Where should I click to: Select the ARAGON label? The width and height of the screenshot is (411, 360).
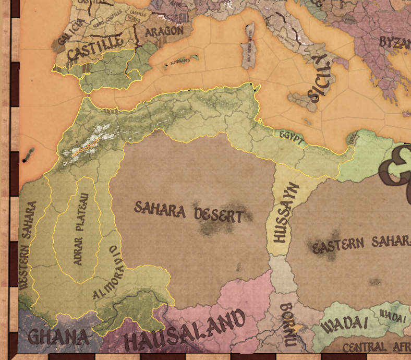pyautogui.click(x=164, y=32)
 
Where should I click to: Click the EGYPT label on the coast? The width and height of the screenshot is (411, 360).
pyautogui.click(x=291, y=136)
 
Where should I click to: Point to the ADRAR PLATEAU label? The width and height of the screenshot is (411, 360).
pyautogui.click(x=82, y=229)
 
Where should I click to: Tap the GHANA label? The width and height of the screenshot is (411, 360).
pyautogui.click(x=58, y=337)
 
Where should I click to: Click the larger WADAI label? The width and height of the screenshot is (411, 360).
pyautogui.click(x=345, y=325)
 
